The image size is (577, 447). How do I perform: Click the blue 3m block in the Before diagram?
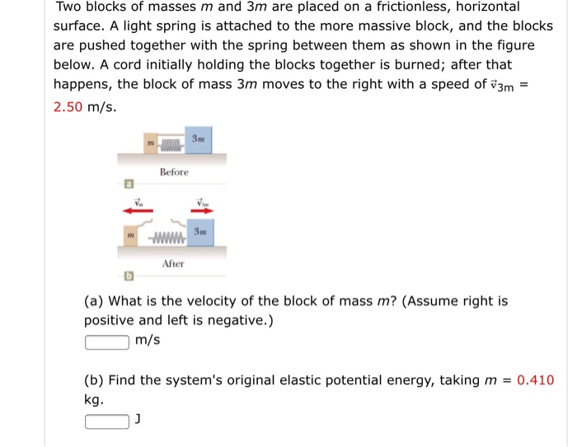pyautogui.click(x=198, y=139)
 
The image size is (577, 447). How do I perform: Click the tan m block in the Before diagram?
pyautogui.click(x=150, y=144)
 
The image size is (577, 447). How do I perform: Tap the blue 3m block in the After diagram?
pyautogui.click(x=199, y=231)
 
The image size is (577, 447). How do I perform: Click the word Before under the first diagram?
pyautogui.click(x=174, y=172)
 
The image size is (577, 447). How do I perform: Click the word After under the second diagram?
pyautogui.click(x=173, y=263)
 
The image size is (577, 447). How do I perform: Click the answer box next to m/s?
pyautogui.click(x=106, y=340)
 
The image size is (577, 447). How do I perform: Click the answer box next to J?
pyautogui.click(x=106, y=421)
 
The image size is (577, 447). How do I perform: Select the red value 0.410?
pyautogui.click(x=535, y=380)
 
